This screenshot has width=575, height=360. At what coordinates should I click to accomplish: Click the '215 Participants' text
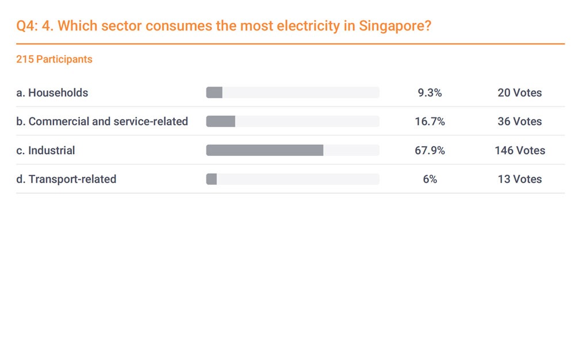pyautogui.click(x=54, y=59)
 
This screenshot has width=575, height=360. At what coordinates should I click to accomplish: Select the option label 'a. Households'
pyautogui.click(x=52, y=93)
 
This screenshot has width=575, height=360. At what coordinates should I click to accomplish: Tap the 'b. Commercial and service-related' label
pyautogui.click(x=102, y=121)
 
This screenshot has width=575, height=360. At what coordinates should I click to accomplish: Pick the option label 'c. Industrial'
pyautogui.click(x=45, y=151)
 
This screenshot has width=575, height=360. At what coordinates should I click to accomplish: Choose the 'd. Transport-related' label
pyautogui.click(x=66, y=179)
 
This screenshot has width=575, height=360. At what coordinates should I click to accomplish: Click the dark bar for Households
pyautogui.click(x=214, y=93)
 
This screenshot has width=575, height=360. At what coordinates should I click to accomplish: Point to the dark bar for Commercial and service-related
pyautogui.click(x=220, y=121)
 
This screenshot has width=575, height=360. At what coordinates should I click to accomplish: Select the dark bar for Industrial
pyautogui.click(x=264, y=151)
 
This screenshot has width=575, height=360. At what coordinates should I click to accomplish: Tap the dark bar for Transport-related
pyautogui.click(x=211, y=179)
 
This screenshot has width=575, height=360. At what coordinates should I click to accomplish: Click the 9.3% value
pyautogui.click(x=430, y=93)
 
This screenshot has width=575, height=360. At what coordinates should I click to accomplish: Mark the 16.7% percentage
pyautogui.click(x=430, y=121)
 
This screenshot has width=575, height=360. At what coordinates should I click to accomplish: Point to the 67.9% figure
pyautogui.click(x=430, y=151)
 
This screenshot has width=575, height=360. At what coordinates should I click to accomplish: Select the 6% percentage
pyautogui.click(x=430, y=179)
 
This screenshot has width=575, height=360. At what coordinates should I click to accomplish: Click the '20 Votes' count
pyautogui.click(x=519, y=93)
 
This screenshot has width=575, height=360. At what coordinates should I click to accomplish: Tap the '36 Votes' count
pyautogui.click(x=519, y=121)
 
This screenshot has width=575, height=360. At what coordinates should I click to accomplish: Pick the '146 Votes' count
pyautogui.click(x=519, y=151)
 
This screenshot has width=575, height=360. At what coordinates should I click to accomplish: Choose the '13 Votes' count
pyautogui.click(x=519, y=179)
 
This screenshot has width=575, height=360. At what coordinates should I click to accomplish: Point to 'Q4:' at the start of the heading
pyautogui.click(x=26, y=26)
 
